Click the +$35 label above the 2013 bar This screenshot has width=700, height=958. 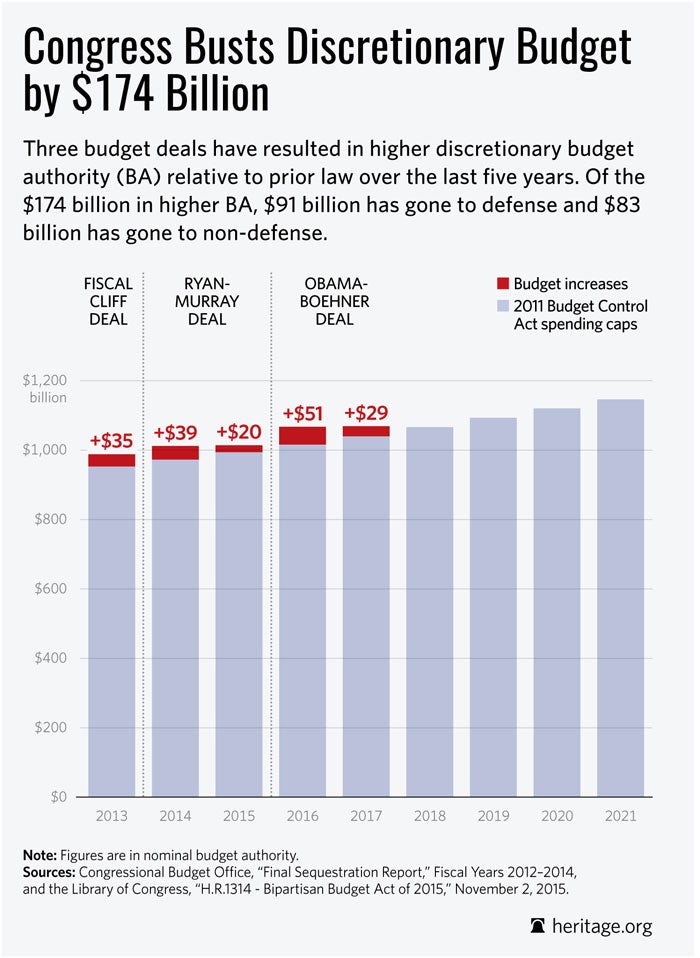click(x=111, y=440)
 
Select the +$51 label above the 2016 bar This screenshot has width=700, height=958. click(x=303, y=413)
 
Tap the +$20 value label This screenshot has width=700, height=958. click(x=239, y=432)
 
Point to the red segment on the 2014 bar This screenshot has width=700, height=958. click(x=175, y=452)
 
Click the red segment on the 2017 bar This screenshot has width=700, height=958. click(x=366, y=431)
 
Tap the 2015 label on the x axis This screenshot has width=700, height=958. click(x=239, y=816)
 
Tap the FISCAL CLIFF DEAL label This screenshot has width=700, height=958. click(x=109, y=300)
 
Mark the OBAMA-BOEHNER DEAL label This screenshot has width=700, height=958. click(x=320, y=300)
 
